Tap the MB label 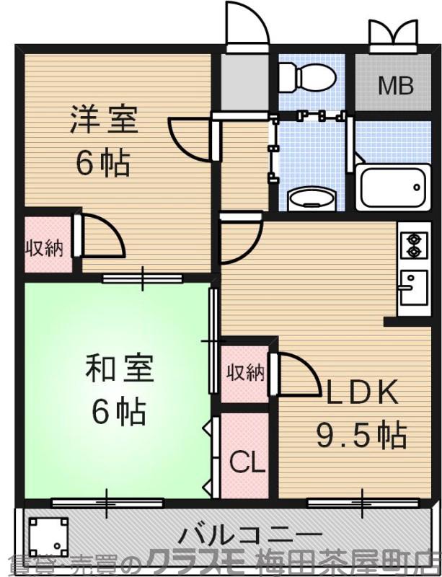pyautogui.click(x=396, y=87)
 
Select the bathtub pyautogui.click(x=392, y=188)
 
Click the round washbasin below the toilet pyautogui.click(x=311, y=197)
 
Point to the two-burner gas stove pyautogui.click(x=413, y=245)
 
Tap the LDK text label pyautogui.click(x=363, y=393)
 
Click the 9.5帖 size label pyautogui.click(x=362, y=434)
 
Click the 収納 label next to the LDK pyautogui.click(x=245, y=373)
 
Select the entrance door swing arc pyautogui.click(x=248, y=25)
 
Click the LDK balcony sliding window pyautogui.click(x=361, y=500)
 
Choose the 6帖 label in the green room pyautogui.click(x=119, y=413)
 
